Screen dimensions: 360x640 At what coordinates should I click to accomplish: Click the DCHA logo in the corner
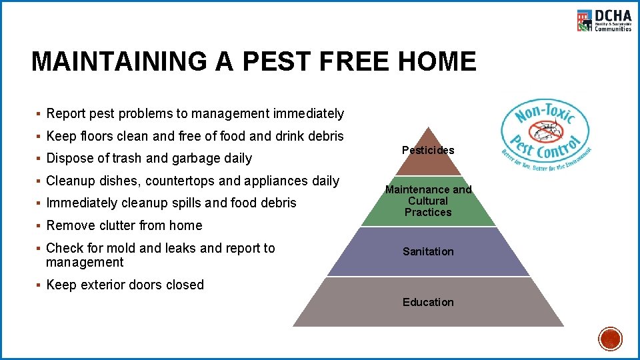[x=603, y=21]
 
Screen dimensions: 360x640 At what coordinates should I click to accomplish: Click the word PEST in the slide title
[x=279, y=61]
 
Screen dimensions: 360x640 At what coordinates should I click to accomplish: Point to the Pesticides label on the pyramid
[x=428, y=150]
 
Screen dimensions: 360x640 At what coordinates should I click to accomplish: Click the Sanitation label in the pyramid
[x=428, y=251]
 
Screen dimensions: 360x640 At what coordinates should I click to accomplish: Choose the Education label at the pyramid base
[x=428, y=302]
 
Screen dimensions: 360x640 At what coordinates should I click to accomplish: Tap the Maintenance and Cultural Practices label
[x=428, y=201]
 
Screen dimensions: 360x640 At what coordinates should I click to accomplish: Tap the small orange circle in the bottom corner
[x=610, y=339]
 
